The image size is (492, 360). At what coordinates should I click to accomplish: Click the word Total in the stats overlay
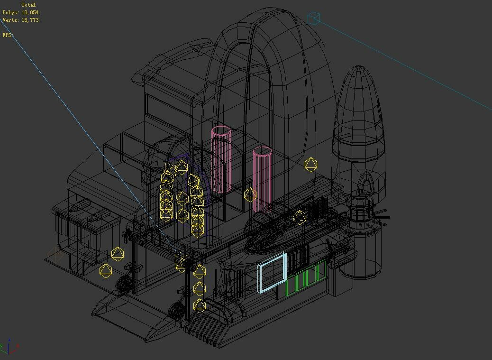tap(28, 5)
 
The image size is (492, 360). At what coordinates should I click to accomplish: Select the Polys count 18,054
tap(30, 12)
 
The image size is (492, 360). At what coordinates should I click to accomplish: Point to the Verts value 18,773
tap(30, 20)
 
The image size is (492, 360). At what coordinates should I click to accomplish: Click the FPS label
tap(7, 35)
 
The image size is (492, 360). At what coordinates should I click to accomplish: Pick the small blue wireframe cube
tap(314, 18)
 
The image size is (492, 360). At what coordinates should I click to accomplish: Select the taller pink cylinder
tap(221, 159)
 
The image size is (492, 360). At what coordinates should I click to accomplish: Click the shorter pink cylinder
tap(262, 178)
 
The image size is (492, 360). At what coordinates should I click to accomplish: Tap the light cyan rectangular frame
tap(272, 272)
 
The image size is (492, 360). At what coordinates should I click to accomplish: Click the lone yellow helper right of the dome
tap(310, 165)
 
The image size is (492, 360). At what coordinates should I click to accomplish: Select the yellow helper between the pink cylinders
tap(250, 194)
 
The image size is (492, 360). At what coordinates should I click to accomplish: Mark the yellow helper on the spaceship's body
tap(300, 217)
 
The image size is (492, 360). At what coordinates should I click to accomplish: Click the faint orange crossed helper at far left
tap(55, 255)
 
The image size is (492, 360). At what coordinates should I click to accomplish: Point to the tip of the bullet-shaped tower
tap(359, 67)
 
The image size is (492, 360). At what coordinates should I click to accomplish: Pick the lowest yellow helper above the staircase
tap(200, 305)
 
